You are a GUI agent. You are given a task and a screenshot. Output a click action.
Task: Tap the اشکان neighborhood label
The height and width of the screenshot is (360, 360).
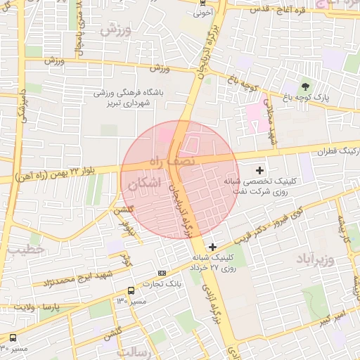click(145, 184)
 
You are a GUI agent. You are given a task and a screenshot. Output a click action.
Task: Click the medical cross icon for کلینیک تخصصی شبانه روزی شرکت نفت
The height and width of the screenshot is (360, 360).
click(259, 170)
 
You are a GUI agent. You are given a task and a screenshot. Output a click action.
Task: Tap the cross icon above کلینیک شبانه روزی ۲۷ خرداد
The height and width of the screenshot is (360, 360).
click(213, 246)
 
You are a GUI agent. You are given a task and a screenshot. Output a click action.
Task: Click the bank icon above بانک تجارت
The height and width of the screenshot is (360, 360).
click(162, 273)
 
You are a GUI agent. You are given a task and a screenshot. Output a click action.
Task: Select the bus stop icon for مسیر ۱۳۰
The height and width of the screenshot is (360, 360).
click(131, 290)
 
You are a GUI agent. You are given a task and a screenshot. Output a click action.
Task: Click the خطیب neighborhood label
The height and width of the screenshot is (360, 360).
click(28, 249)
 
